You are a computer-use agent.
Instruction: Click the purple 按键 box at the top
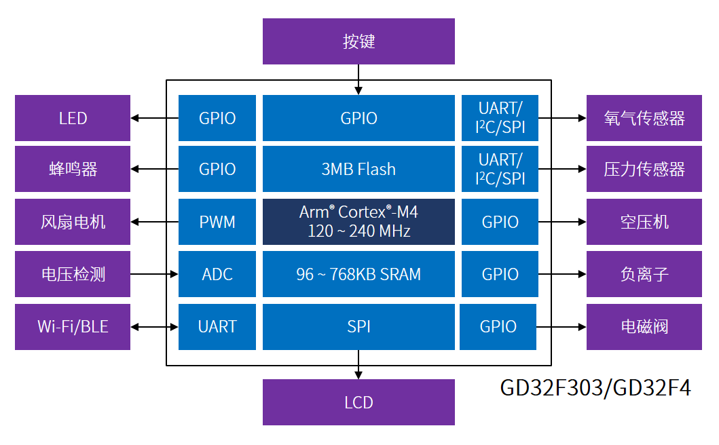(x=358, y=41)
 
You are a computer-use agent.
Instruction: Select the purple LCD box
(x=358, y=402)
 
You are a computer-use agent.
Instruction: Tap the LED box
(x=73, y=118)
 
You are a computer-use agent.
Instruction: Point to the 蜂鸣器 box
(x=73, y=169)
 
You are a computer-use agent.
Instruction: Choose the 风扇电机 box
(x=73, y=222)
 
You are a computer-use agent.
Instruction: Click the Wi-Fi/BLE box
(x=73, y=326)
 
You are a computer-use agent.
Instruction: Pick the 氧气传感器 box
(x=644, y=118)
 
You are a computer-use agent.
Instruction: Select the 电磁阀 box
(x=644, y=326)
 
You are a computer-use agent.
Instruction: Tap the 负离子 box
(x=644, y=274)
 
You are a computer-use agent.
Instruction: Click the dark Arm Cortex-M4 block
(x=358, y=222)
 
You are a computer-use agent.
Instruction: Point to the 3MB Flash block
(x=358, y=169)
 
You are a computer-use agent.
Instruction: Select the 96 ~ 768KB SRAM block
(x=358, y=274)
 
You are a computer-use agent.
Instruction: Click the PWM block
(x=217, y=222)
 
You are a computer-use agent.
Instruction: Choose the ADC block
(x=217, y=274)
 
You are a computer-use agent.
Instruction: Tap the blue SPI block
(x=358, y=326)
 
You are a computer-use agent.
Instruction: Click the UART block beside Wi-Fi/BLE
(x=217, y=326)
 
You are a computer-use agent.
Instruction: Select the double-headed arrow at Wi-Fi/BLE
(x=155, y=326)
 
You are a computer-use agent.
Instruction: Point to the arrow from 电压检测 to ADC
(x=155, y=274)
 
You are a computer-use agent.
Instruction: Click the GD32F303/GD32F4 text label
(x=595, y=388)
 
